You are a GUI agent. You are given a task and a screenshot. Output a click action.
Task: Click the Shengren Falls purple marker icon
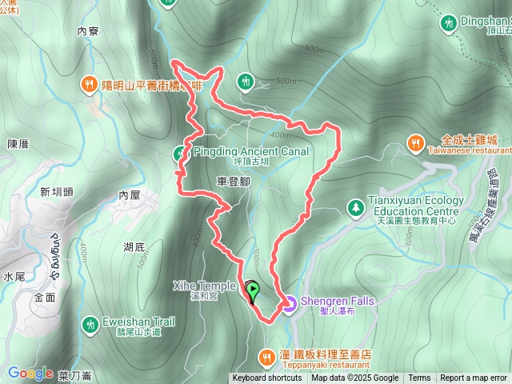[x=289, y=303]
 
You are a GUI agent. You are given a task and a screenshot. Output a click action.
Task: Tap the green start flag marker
[x=252, y=291]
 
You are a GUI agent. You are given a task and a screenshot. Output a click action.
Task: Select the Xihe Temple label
[x=204, y=286]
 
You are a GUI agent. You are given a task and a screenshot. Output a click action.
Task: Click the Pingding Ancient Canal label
[x=260, y=151]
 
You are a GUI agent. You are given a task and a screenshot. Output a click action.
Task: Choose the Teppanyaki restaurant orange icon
[x=267, y=355]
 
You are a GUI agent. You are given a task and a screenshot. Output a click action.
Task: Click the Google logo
[x=30, y=373]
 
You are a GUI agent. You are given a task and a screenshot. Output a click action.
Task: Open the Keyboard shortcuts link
[x=267, y=378]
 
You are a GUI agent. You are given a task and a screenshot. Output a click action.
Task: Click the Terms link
[x=419, y=378]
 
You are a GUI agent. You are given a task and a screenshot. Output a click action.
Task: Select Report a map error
[x=474, y=378]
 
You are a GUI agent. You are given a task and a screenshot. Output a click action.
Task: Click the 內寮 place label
[x=87, y=32]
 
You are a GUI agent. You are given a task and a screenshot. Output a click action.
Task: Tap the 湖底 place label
[x=134, y=247]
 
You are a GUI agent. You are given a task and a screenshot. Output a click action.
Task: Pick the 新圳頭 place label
[x=56, y=191]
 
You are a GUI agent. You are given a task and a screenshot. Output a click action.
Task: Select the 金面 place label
[x=45, y=297]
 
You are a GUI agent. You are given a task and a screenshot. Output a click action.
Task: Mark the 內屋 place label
[x=129, y=194]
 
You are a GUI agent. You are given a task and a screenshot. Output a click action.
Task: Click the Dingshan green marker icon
[x=449, y=24]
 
